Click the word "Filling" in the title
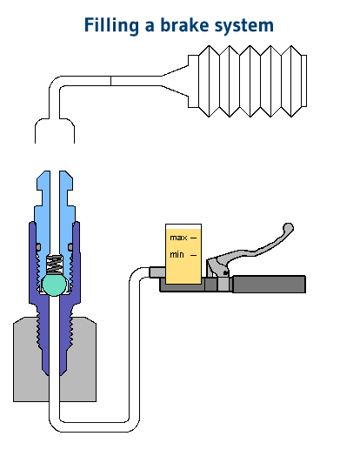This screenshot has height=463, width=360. (111, 25)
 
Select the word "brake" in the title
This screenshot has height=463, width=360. (182, 25)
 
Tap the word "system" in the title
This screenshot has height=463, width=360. (243, 25)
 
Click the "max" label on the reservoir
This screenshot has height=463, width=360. (177, 237)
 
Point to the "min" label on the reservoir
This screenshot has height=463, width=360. (177, 254)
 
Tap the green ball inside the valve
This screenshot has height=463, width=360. (54, 284)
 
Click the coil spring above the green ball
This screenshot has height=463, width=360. (54, 262)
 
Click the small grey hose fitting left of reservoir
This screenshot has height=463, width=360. (156, 272)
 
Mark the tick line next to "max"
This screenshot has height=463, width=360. (193, 237)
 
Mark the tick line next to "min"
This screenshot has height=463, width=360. (193, 254)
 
